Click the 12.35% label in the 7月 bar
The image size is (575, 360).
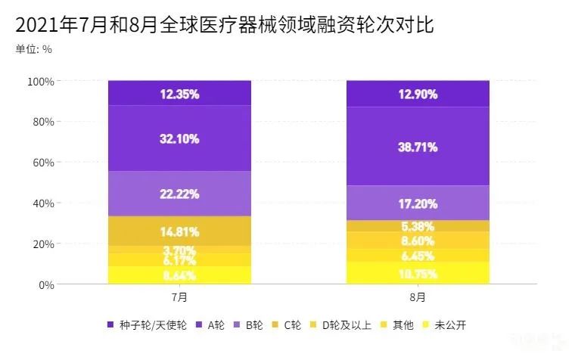pos(179,95)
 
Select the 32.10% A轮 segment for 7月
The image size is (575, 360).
pos(179,138)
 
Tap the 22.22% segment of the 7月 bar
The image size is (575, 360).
pos(179,194)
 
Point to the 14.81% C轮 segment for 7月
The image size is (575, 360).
pos(179,231)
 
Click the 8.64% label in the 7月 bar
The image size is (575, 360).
pos(179,276)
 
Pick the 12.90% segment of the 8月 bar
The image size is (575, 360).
pos(418,95)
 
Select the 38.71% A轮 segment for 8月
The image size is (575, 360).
pos(418,147)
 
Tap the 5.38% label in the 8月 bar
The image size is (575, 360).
pos(418,226)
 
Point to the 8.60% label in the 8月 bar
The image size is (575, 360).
pos(418,241)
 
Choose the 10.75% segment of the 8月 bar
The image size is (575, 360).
pos(418,274)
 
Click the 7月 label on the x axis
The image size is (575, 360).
pos(179,296)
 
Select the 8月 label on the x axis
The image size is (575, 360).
pos(418,296)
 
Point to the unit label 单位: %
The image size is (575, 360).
pos(33,50)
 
